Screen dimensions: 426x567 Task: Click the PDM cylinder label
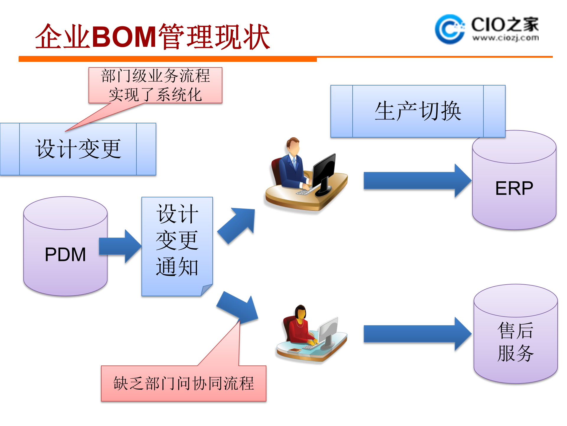coord(65,254)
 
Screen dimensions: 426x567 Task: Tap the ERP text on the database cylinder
coord(514,188)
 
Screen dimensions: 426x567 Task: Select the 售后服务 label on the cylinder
coord(515,342)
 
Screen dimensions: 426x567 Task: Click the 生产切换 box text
coord(418,111)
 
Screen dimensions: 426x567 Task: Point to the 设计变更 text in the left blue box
coord(78,149)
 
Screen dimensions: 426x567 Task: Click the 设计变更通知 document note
coord(177,240)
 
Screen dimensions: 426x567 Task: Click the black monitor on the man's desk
coord(324,172)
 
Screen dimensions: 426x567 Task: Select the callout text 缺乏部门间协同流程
coord(183,383)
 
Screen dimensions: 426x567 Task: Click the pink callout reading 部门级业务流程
coord(155,85)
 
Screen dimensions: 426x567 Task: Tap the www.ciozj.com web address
coord(505,38)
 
